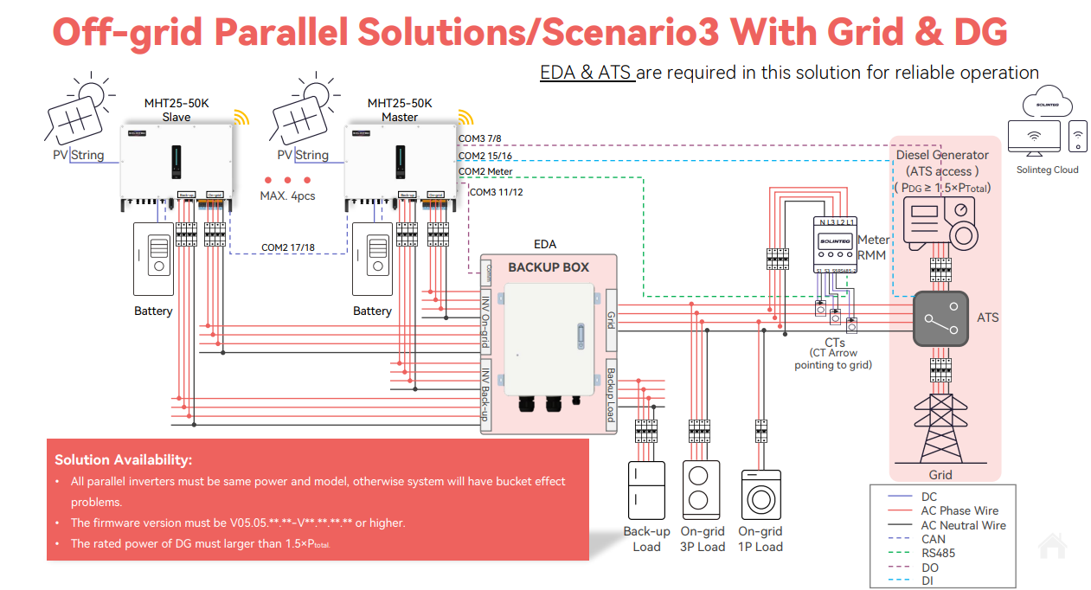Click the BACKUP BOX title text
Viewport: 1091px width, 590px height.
(x=549, y=267)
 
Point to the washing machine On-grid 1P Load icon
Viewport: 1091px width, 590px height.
(x=761, y=495)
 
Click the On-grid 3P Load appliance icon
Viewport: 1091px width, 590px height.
(x=702, y=491)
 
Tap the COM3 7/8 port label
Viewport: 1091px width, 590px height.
(x=479, y=138)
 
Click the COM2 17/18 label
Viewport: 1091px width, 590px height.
(x=288, y=247)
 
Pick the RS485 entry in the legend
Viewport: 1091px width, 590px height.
(x=938, y=553)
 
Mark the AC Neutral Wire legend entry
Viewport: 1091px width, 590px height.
(x=963, y=525)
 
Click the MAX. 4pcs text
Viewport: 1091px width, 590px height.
(x=287, y=196)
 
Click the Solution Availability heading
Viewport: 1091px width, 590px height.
(x=123, y=460)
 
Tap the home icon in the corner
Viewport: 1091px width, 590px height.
(x=1052, y=546)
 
